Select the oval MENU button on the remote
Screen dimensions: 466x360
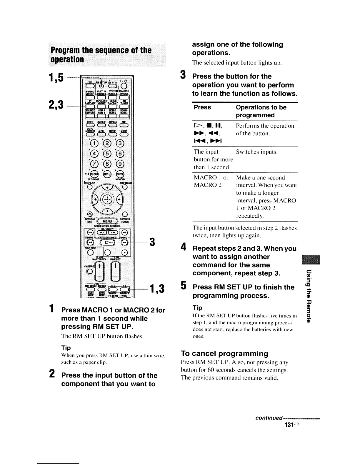106,221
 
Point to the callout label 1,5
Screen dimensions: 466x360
57,77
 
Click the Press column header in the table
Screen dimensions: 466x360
202,107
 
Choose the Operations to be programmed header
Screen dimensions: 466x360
261,111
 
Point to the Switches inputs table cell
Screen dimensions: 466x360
256,152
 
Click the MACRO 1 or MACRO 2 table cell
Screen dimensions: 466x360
211,181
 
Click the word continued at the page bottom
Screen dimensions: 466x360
269,418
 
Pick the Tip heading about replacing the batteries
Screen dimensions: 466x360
197,308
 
